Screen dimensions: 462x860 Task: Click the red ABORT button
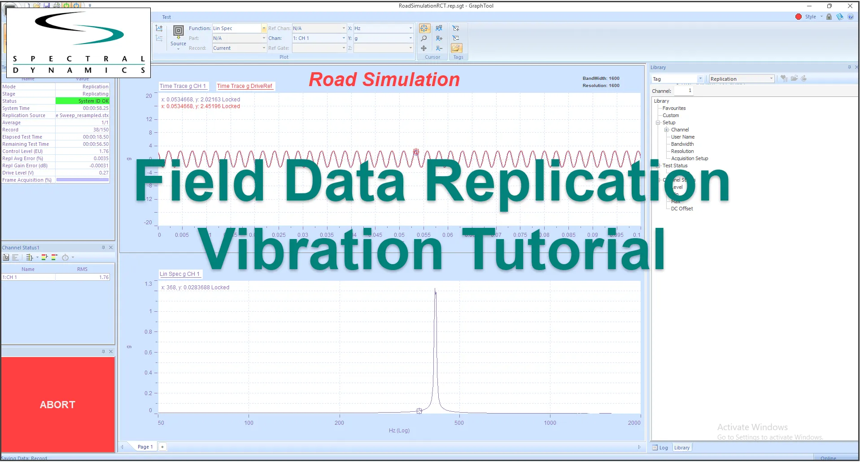(58, 404)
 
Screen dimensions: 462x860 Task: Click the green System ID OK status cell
(83, 101)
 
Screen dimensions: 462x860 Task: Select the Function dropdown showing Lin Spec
(239, 28)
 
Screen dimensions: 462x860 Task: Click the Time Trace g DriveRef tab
(244, 86)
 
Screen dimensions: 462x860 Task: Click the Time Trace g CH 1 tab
(183, 86)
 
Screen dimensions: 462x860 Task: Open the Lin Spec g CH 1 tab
(179, 274)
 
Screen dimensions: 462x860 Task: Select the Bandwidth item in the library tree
(682, 144)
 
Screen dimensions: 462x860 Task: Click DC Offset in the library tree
(682, 209)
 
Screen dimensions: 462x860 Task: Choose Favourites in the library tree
(674, 108)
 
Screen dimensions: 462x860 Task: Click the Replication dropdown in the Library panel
(741, 79)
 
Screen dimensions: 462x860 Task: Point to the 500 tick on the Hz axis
(459, 423)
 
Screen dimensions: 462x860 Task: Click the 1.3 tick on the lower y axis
(148, 284)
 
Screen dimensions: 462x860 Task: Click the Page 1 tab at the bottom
(145, 447)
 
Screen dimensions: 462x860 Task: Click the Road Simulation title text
(384, 80)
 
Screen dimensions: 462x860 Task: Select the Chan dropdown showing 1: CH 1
(319, 38)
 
